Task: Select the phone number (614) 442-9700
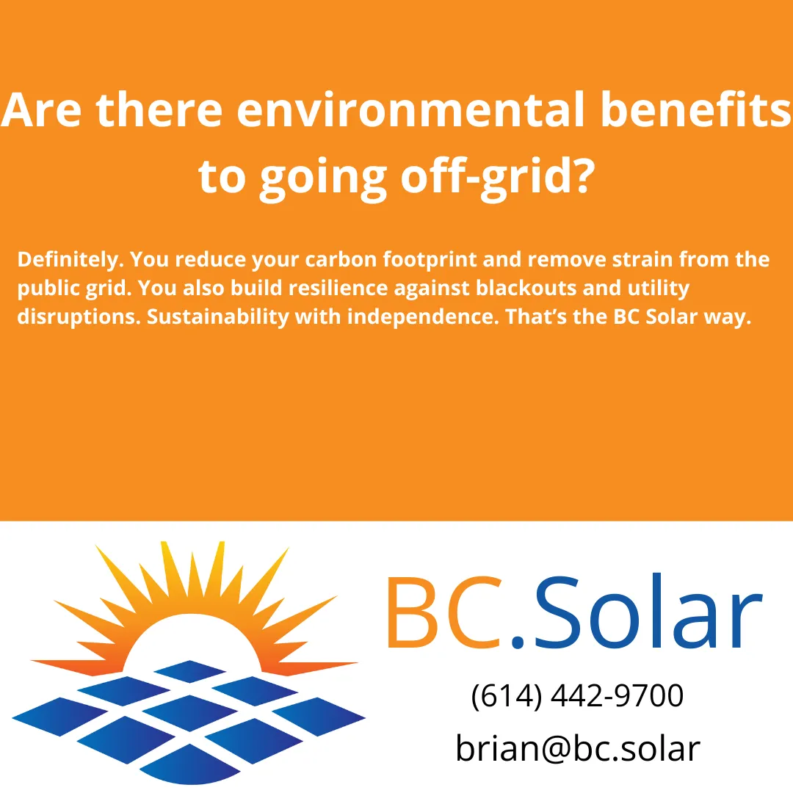coord(577,695)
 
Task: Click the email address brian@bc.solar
coord(577,748)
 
